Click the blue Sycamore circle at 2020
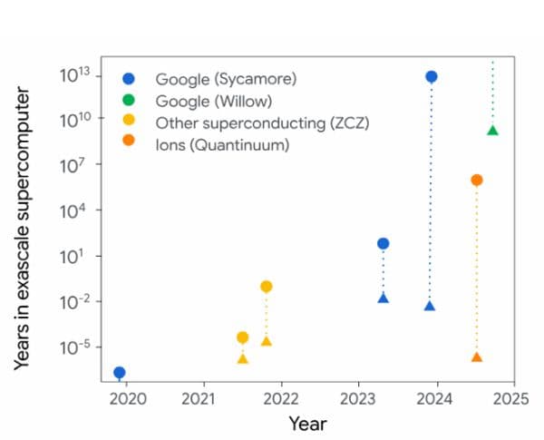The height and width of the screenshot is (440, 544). click(120, 372)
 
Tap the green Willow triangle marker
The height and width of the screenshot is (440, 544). click(492, 131)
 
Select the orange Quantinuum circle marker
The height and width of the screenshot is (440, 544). click(477, 180)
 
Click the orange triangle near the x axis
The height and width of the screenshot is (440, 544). click(477, 357)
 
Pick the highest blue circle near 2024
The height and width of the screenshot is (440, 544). click(432, 76)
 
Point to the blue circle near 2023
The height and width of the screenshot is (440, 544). click(384, 243)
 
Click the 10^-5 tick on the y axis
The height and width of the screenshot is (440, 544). click(73, 347)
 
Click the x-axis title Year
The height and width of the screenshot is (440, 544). click(307, 424)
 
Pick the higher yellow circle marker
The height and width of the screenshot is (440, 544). click(267, 287)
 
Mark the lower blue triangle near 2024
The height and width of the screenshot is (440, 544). click(430, 306)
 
